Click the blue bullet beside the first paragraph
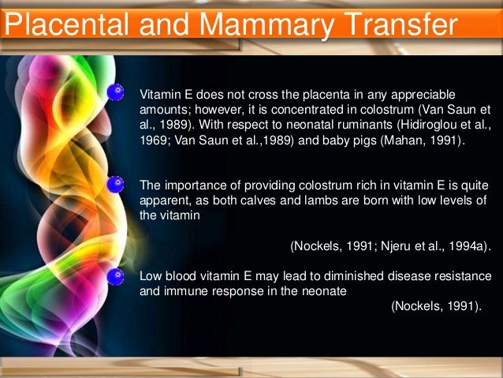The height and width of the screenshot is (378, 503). pyautogui.click(x=116, y=92)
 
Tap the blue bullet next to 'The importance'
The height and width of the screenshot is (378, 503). pyautogui.click(x=116, y=185)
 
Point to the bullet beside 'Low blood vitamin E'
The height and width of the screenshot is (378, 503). pyautogui.click(x=116, y=276)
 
